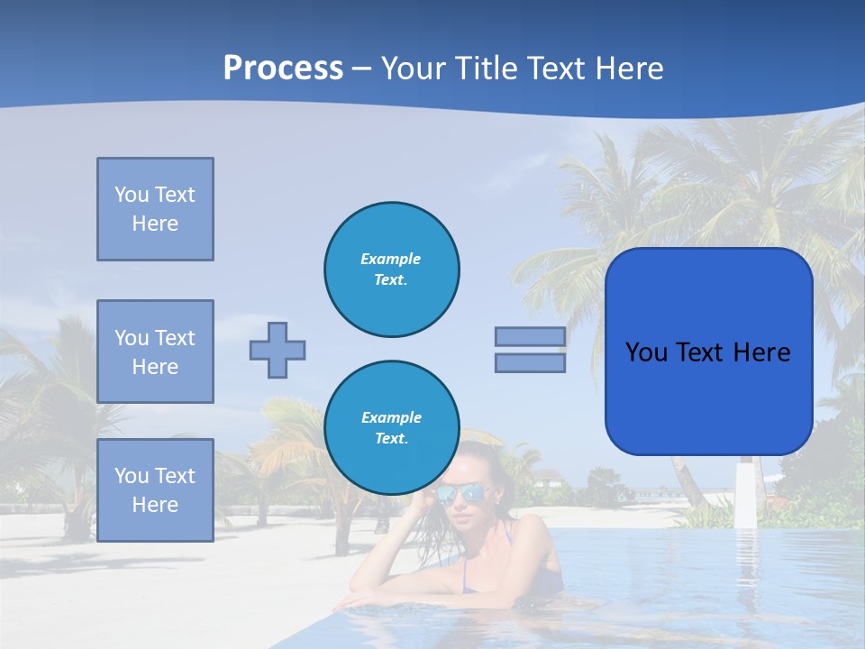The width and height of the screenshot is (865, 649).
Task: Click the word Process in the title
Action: tap(283, 69)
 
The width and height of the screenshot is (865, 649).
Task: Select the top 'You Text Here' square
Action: tap(155, 209)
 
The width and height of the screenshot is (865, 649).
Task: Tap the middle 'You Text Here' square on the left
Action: tap(155, 352)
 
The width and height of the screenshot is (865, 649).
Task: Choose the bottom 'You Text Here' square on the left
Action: tap(155, 489)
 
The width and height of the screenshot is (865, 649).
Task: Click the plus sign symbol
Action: tap(278, 350)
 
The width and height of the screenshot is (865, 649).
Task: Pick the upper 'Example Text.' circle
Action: tap(391, 270)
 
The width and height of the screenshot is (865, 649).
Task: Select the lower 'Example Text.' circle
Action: tap(391, 428)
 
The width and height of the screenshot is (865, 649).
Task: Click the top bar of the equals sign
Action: tap(530, 336)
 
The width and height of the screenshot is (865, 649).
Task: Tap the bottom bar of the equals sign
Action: tap(530, 362)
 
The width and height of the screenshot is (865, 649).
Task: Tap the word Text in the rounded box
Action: tap(708, 352)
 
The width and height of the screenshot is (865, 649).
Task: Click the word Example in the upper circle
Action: tap(391, 259)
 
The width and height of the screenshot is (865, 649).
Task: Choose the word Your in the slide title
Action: tap(413, 69)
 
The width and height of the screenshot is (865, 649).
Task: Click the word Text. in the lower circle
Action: tap(391, 439)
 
